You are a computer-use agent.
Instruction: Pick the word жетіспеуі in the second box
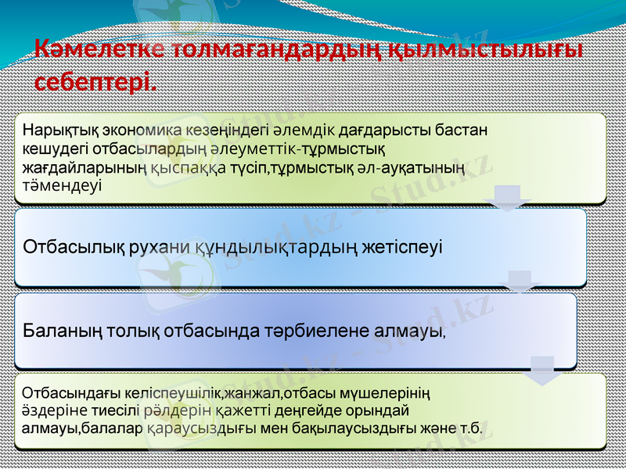point(402,248)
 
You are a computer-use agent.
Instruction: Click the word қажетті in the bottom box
point(216,410)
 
